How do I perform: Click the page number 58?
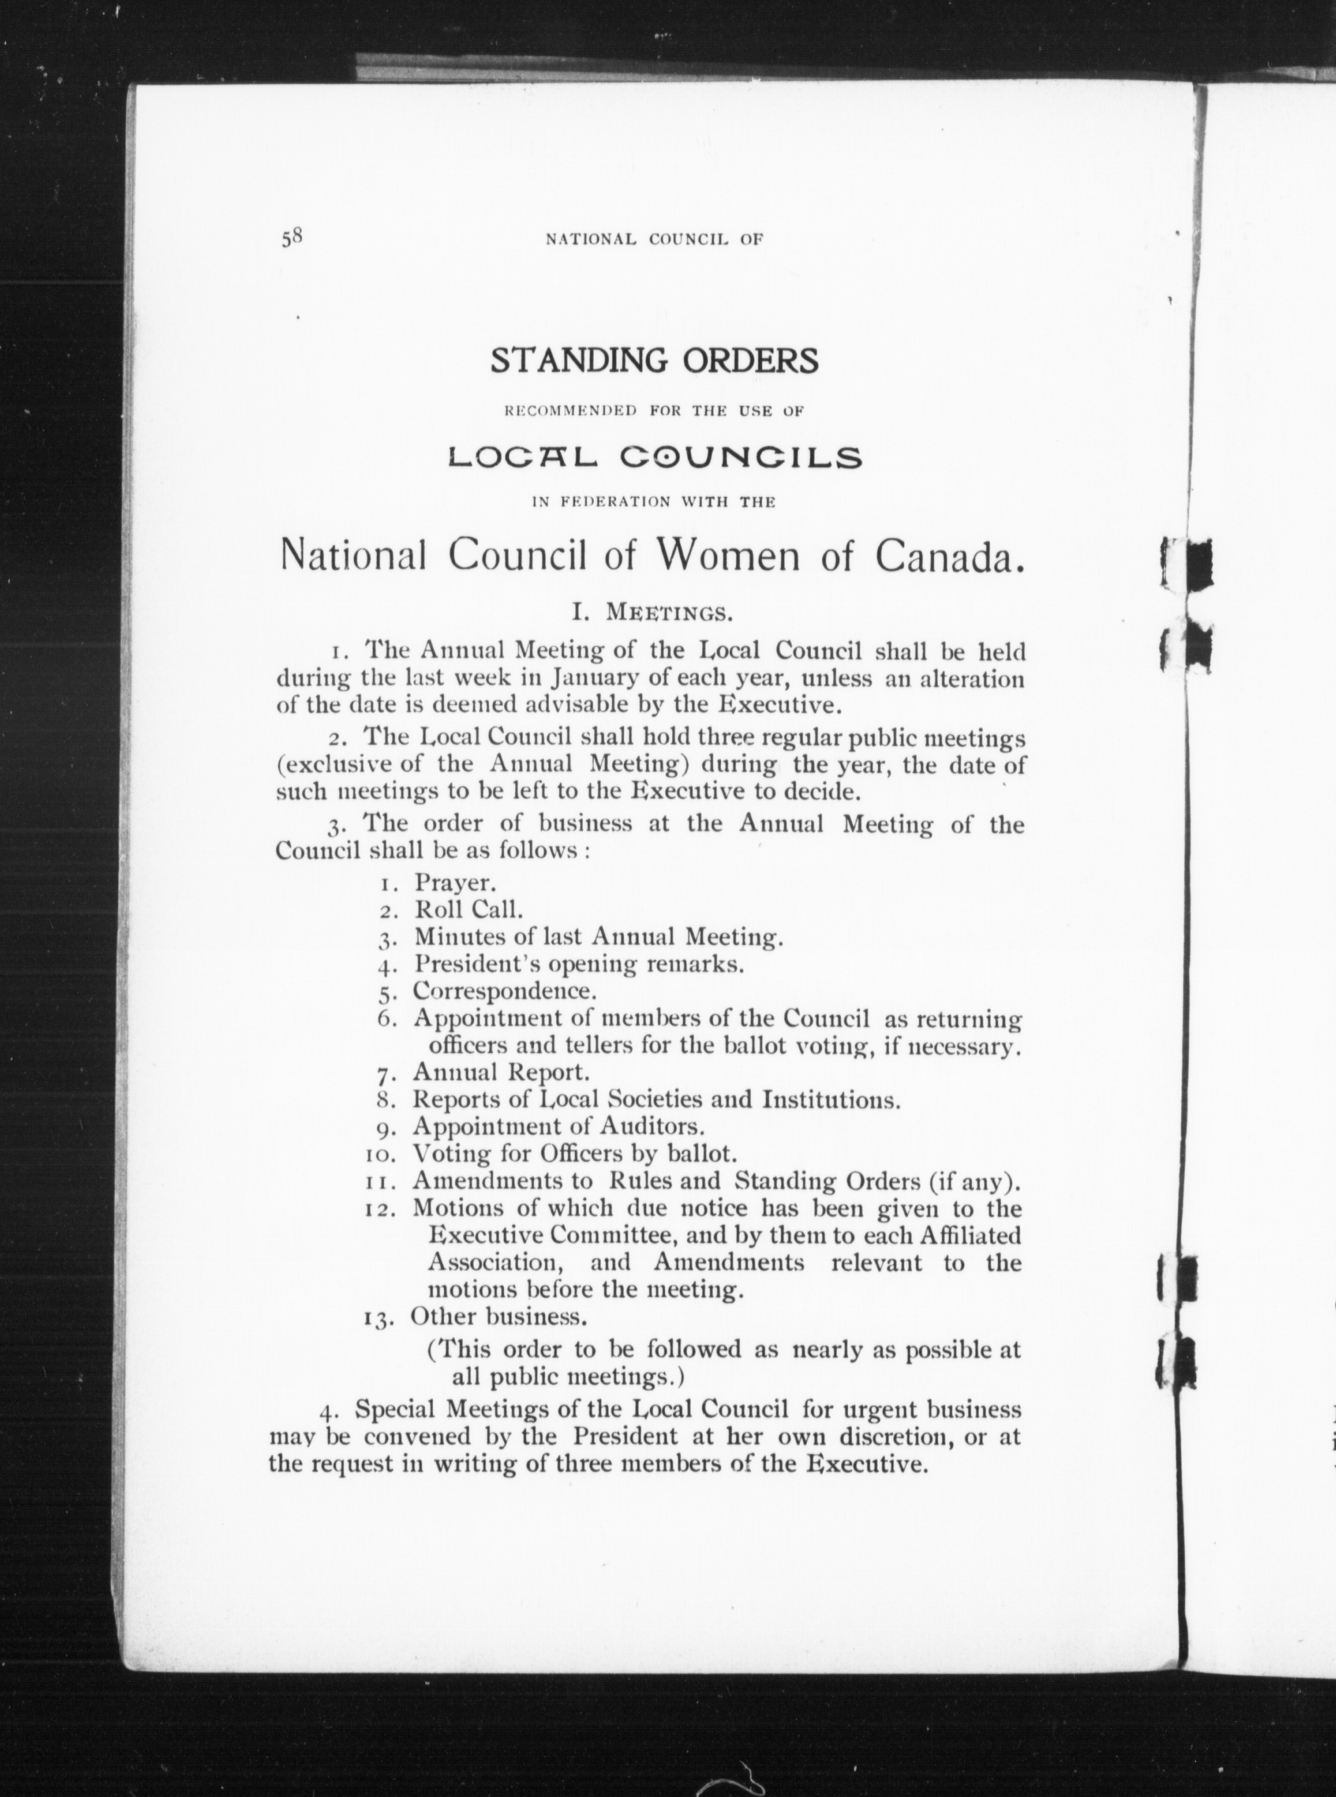tap(291, 237)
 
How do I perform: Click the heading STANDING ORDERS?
tap(654, 360)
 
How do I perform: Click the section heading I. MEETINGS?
tap(653, 612)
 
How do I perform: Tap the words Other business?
tap(498, 1317)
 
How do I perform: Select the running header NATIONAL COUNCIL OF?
tap(654, 239)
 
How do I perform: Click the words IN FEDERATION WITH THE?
tap(653, 502)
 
